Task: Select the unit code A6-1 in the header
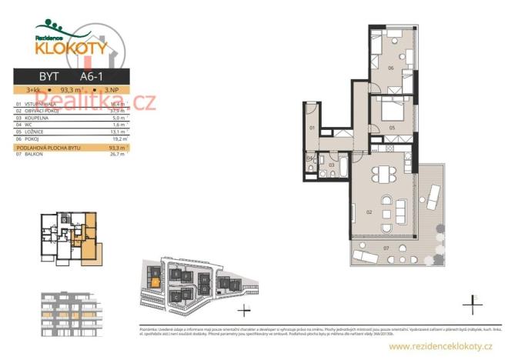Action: point(92,76)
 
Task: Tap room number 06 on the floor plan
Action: point(391,68)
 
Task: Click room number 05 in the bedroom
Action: point(391,127)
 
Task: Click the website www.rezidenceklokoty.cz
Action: point(439,347)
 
